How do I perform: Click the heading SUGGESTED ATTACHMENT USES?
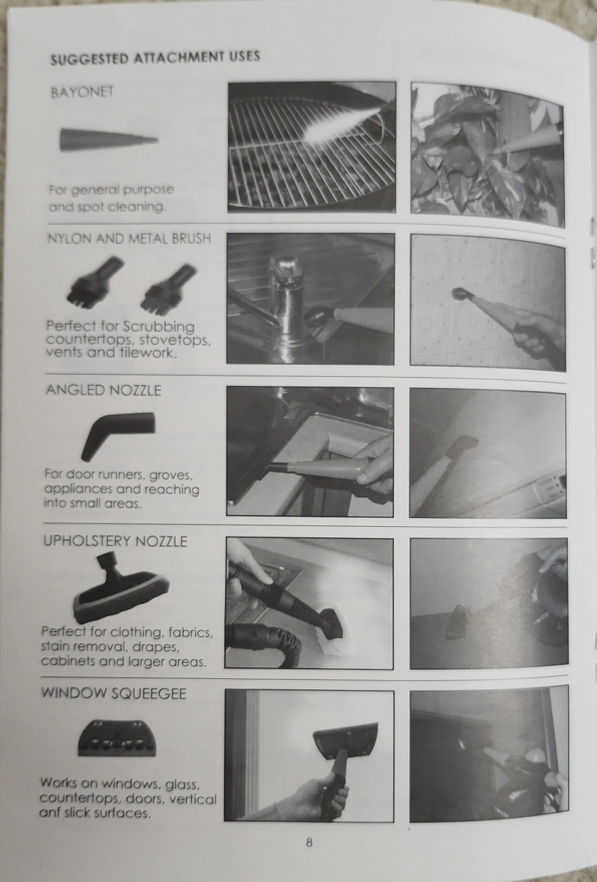tap(155, 58)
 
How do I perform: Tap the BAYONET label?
tap(82, 92)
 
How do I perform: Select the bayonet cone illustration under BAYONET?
tap(109, 140)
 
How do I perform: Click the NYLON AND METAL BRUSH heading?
tap(129, 239)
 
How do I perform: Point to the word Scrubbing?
tap(159, 327)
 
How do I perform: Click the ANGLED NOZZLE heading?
tap(104, 390)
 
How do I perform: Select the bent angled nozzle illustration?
tap(118, 435)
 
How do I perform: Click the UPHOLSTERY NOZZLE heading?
tap(115, 541)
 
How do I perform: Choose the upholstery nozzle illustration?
tap(121, 587)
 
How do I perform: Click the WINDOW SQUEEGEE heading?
tap(114, 693)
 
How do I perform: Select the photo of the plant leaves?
tap(487, 153)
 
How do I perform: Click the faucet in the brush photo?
tap(286, 307)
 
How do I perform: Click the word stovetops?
tap(175, 340)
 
